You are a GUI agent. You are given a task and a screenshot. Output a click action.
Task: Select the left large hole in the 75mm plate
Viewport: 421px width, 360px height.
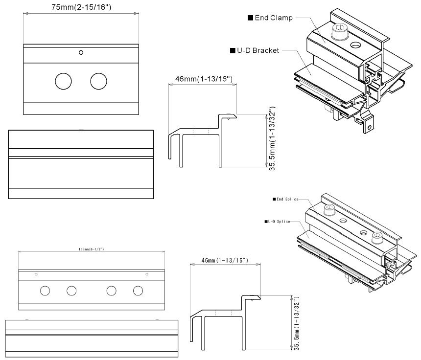click(63, 81)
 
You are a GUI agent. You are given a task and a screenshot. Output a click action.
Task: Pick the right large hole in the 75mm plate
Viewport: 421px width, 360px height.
click(98, 81)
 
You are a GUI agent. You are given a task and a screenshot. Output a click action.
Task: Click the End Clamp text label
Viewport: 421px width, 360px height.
click(274, 18)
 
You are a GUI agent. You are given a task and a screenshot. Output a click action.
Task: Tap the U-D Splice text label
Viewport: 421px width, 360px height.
click(279, 222)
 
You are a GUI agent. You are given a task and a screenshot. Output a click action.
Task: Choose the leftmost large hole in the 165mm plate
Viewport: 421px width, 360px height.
click(45, 291)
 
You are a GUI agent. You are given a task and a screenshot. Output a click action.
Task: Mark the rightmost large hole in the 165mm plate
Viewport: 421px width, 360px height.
click(138, 291)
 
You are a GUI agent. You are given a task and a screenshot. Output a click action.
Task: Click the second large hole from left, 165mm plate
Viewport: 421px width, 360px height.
click(71, 291)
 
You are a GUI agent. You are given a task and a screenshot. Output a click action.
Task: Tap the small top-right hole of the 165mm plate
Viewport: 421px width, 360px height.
click(147, 274)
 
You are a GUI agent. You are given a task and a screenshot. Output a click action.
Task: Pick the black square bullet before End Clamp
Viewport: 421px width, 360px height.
click(250, 18)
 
